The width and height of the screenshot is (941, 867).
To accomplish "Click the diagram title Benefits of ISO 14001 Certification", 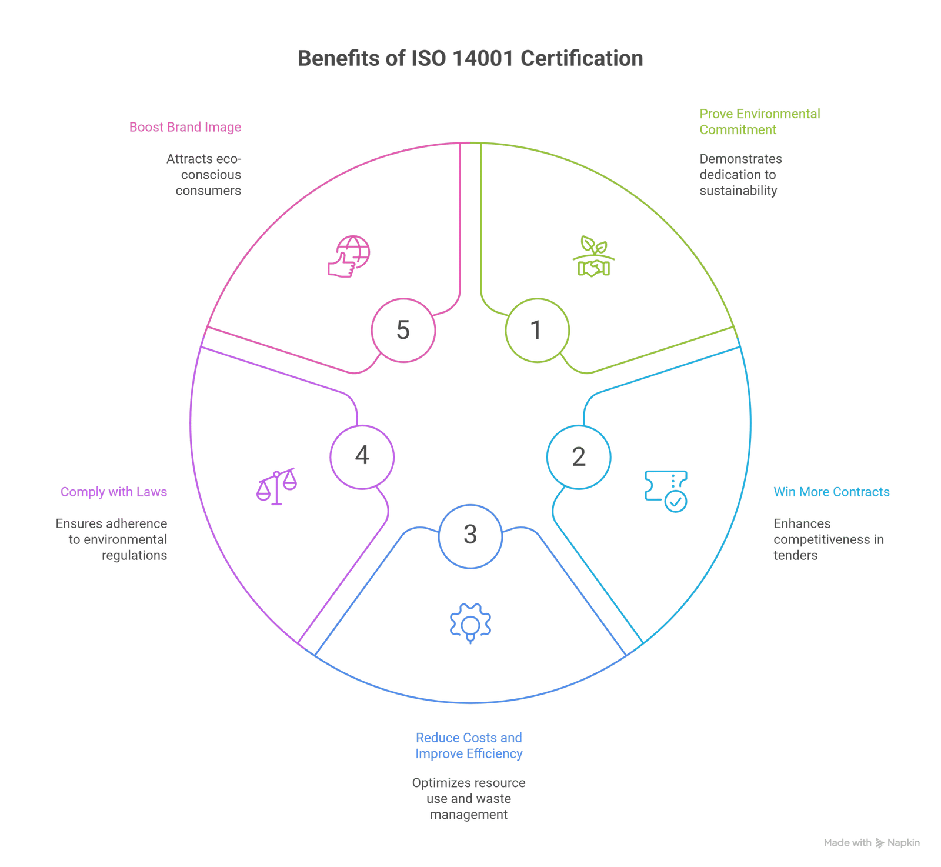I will (x=470, y=58).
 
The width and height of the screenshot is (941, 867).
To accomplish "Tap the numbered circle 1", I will (x=537, y=329).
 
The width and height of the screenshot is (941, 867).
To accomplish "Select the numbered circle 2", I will (x=579, y=456).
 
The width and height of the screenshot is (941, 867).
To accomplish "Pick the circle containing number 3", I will (x=470, y=535).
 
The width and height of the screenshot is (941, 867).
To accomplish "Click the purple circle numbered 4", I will (x=362, y=456).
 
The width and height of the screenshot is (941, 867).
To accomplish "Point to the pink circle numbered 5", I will (x=403, y=329).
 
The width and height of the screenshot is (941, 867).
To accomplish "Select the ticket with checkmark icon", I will (x=666, y=490).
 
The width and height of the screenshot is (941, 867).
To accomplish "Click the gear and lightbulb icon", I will (x=470, y=623).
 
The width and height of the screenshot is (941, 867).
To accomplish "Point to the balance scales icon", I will (x=276, y=486).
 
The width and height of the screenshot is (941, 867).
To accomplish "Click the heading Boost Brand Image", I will (x=185, y=127).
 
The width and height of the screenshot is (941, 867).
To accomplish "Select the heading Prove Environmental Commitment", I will (x=759, y=121).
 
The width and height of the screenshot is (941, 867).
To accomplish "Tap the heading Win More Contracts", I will (x=831, y=492).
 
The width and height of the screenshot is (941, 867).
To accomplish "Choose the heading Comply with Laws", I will (x=114, y=492).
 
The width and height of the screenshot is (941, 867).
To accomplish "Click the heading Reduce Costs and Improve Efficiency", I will (x=469, y=746).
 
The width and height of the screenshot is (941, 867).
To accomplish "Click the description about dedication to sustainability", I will (x=740, y=175).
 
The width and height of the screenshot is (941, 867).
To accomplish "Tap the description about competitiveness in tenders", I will (x=828, y=539).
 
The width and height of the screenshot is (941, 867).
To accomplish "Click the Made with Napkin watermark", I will (x=872, y=843).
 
